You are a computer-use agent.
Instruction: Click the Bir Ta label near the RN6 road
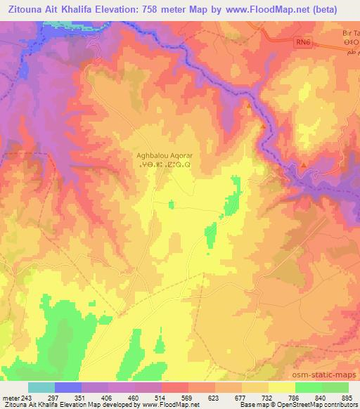point(349,32)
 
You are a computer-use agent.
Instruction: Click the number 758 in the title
point(166,9)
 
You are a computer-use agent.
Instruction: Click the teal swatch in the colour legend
point(41,387)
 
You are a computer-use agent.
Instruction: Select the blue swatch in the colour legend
point(68,387)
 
